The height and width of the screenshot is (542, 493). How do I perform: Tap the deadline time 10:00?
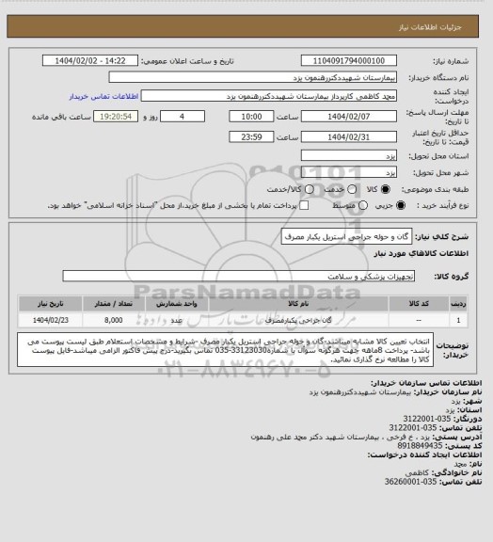point(252,117)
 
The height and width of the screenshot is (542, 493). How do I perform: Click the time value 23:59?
point(252,137)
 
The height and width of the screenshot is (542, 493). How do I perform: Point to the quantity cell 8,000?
point(113,320)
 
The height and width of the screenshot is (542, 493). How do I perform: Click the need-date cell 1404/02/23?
point(48,320)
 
